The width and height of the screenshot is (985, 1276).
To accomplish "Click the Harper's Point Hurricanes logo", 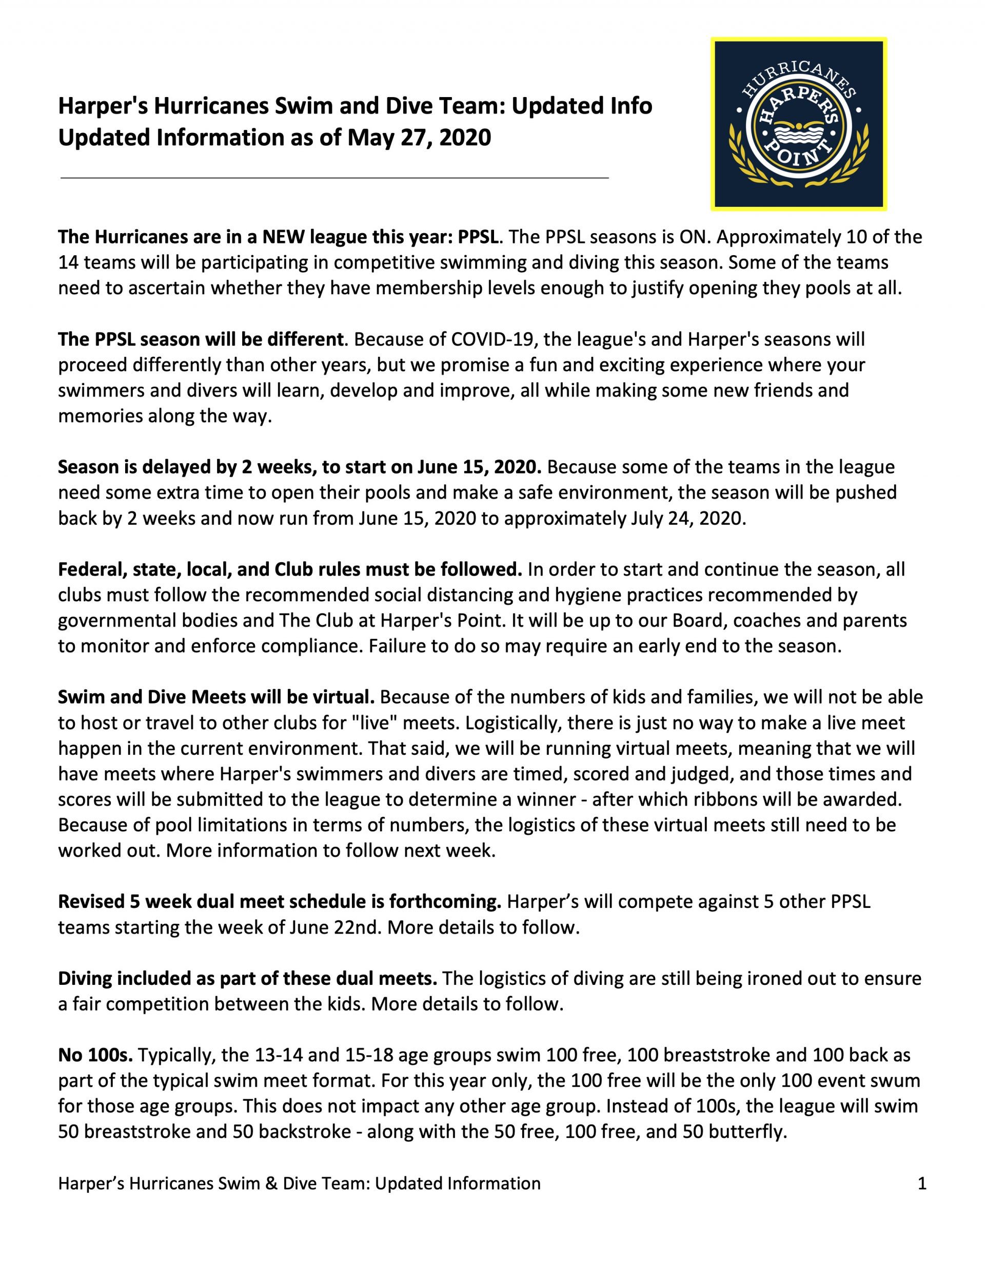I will [798, 124].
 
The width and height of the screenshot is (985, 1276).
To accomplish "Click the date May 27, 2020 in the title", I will [419, 138].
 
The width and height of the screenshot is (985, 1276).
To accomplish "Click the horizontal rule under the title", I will [334, 177].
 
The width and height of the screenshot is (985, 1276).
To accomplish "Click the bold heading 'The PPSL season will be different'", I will [200, 339].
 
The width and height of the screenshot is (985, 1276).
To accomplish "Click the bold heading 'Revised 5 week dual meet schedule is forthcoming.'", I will [280, 902].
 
